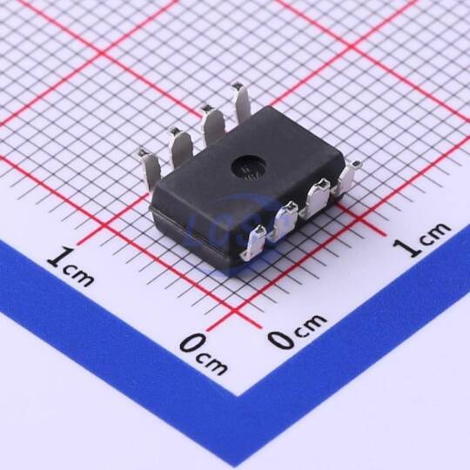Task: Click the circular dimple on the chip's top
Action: click(249, 168)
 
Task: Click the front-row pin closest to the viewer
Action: click(254, 243)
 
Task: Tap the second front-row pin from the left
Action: click(283, 218)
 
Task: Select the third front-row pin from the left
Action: click(315, 197)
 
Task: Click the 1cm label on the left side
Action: click(70, 266)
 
